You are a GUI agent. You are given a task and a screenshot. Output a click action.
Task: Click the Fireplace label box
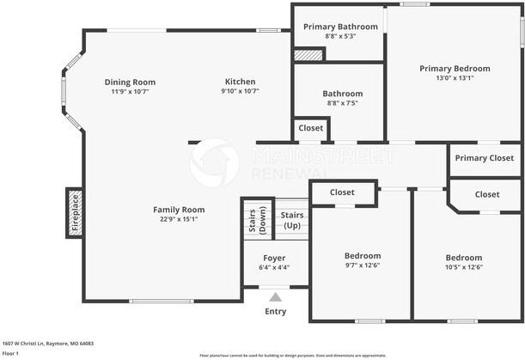(75, 212)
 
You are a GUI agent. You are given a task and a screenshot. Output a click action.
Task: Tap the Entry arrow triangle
(275, 297)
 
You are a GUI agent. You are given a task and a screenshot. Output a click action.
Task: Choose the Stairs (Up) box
(292, 220)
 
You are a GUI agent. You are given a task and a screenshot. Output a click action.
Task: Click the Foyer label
(274, 258)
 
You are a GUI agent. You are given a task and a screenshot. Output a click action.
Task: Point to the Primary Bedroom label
(455, 69)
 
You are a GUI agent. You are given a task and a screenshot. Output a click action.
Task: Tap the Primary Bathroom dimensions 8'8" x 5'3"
(340, 37)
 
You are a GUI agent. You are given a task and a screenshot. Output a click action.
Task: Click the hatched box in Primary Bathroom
(308, 55)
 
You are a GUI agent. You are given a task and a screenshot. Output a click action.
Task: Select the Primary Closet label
(484, 158)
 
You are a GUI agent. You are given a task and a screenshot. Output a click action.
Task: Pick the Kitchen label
(240, 82)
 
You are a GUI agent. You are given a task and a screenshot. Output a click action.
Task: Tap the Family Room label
(179, 209)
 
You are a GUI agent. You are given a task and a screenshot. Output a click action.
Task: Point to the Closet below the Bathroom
(311, 128)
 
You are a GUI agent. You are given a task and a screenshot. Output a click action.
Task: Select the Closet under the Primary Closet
(486, 195)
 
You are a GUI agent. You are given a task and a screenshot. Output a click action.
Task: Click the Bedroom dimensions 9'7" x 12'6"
(362, 265)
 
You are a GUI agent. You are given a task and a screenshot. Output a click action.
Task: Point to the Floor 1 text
(11, 353)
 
